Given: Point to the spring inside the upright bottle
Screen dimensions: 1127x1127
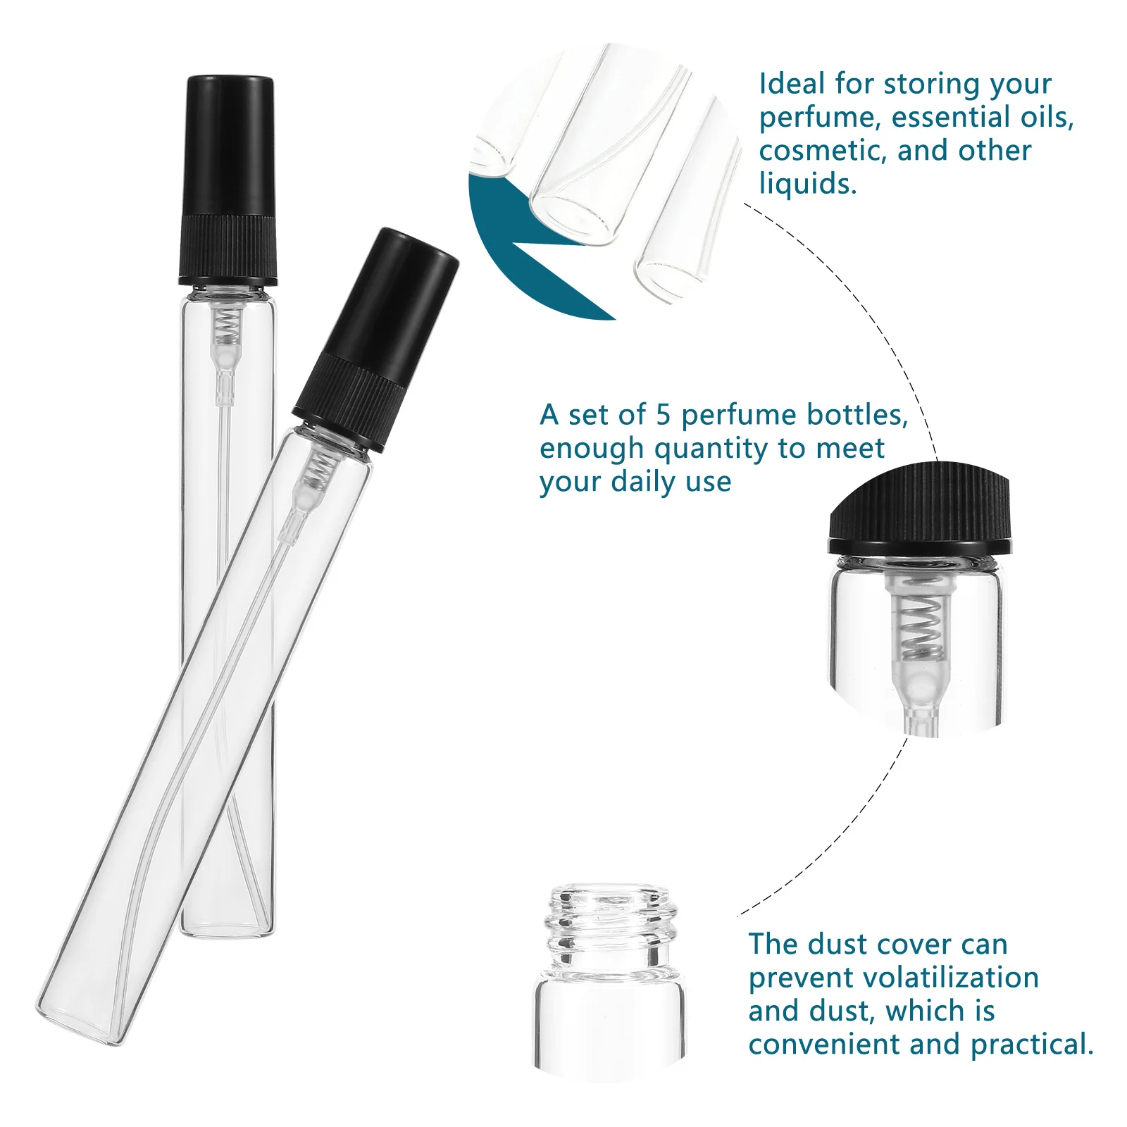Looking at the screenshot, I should click(x=225, y=324).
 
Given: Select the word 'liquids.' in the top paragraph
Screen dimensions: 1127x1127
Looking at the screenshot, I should click(x=807, y=184).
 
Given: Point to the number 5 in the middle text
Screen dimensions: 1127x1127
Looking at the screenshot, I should click(x=663, y=415).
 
